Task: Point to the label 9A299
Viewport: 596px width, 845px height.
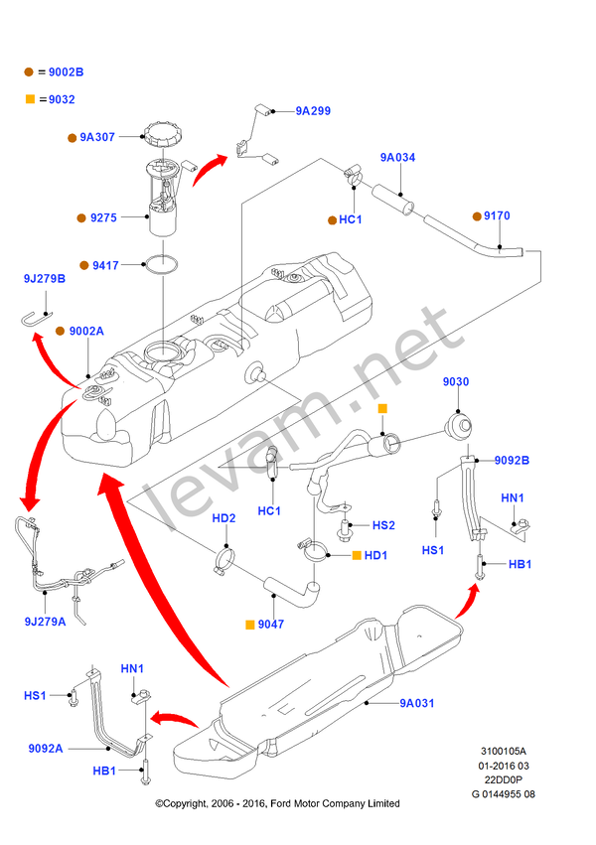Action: tap(312, 112)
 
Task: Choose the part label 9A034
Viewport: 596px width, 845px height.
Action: tap(397, 157)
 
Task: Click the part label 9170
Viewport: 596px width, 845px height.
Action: tap(497, 214)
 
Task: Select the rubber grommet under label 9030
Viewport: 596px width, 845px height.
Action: tap(458, 427)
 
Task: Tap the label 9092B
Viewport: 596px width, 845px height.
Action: tap(512, 460)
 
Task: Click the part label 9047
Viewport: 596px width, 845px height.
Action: tap(270, 625)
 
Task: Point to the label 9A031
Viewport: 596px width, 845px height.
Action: tap(417, 703)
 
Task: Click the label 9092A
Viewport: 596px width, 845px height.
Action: tap(46, 748)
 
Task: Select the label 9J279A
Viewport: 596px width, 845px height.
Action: tap(46, 622)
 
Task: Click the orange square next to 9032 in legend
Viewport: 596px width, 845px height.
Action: tap(30, 99)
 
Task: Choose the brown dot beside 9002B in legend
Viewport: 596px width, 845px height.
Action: tap(30, 72)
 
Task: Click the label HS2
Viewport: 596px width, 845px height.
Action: tap(383, 524)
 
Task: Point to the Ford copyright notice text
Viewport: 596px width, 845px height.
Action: tap(277, 803)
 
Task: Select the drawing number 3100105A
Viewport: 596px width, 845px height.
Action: tap(504, 753)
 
